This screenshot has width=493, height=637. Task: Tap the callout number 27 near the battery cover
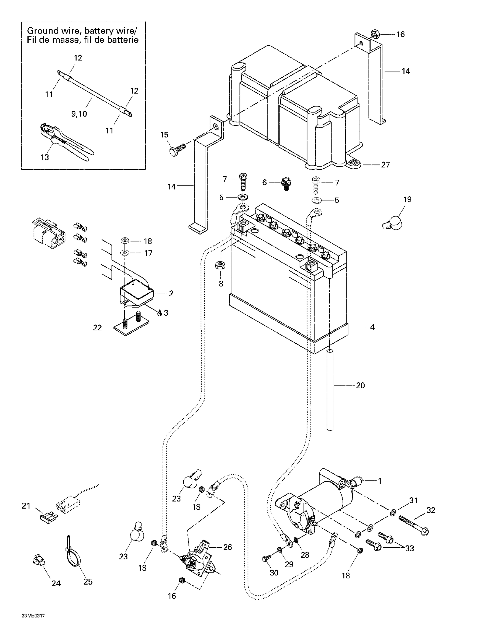pyautogui.click(x=385, y=165)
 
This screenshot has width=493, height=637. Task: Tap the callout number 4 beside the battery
pyautogui.click(x=372, y=327)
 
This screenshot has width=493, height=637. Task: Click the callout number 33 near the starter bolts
pyautogui.click(x=409, y=548)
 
